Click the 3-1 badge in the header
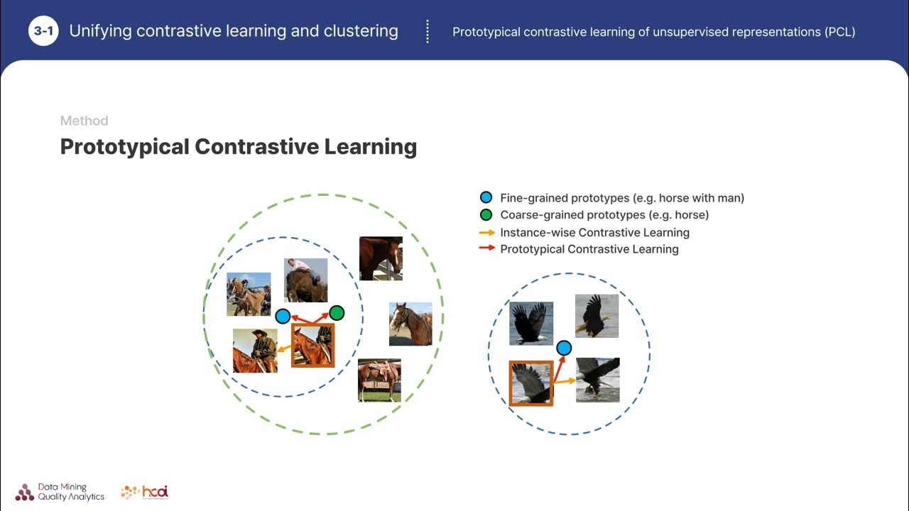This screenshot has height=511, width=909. [x=43, y=31]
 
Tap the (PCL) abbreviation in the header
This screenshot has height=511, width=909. [x=840, y=32]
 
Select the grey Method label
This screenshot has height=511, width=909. [x=84, y=121]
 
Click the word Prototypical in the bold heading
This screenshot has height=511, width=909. [x=124, y=146]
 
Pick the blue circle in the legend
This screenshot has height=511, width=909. [x=486, y=198]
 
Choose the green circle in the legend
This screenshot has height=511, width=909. [x=486, y=215]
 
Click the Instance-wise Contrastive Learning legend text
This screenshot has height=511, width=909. [x=594, y=232]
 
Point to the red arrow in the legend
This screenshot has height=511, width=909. [x=486, y=249]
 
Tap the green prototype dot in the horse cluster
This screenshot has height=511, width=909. [x=337, y=313]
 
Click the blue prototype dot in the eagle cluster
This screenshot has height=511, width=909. [x=564, y=348]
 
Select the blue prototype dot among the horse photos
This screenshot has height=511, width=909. [x=283, y=317]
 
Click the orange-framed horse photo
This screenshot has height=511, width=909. [x=312, y=345]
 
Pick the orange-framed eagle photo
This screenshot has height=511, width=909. [x=530, y=383]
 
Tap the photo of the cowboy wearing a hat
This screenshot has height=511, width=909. [x=255, y=351]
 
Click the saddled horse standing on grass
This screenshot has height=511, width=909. [x=379, y=380]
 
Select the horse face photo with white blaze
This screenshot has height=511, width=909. [x=410, y=324]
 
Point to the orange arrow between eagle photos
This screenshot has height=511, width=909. [x=565, y=382]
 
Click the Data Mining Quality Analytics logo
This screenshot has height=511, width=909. [x=60, y=492]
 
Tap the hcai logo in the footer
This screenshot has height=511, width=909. [x=145, y=492]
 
